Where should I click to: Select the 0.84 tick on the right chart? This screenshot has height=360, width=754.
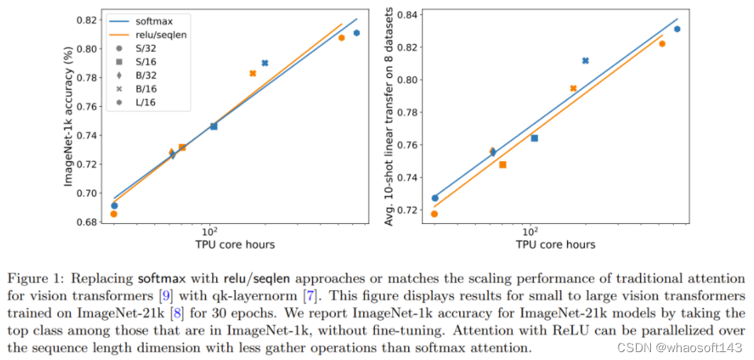(408, 13)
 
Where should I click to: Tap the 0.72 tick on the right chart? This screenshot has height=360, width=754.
(408, 211)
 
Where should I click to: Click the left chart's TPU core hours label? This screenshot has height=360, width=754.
(235, 245)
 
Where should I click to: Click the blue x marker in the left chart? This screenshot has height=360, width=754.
(265, 63)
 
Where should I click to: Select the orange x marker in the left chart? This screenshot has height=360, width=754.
(252, 73)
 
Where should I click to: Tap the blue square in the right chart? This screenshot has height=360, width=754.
(534, 138)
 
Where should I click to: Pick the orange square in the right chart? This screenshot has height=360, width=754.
(502, 164)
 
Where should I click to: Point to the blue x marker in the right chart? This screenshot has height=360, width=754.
(585, 61)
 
